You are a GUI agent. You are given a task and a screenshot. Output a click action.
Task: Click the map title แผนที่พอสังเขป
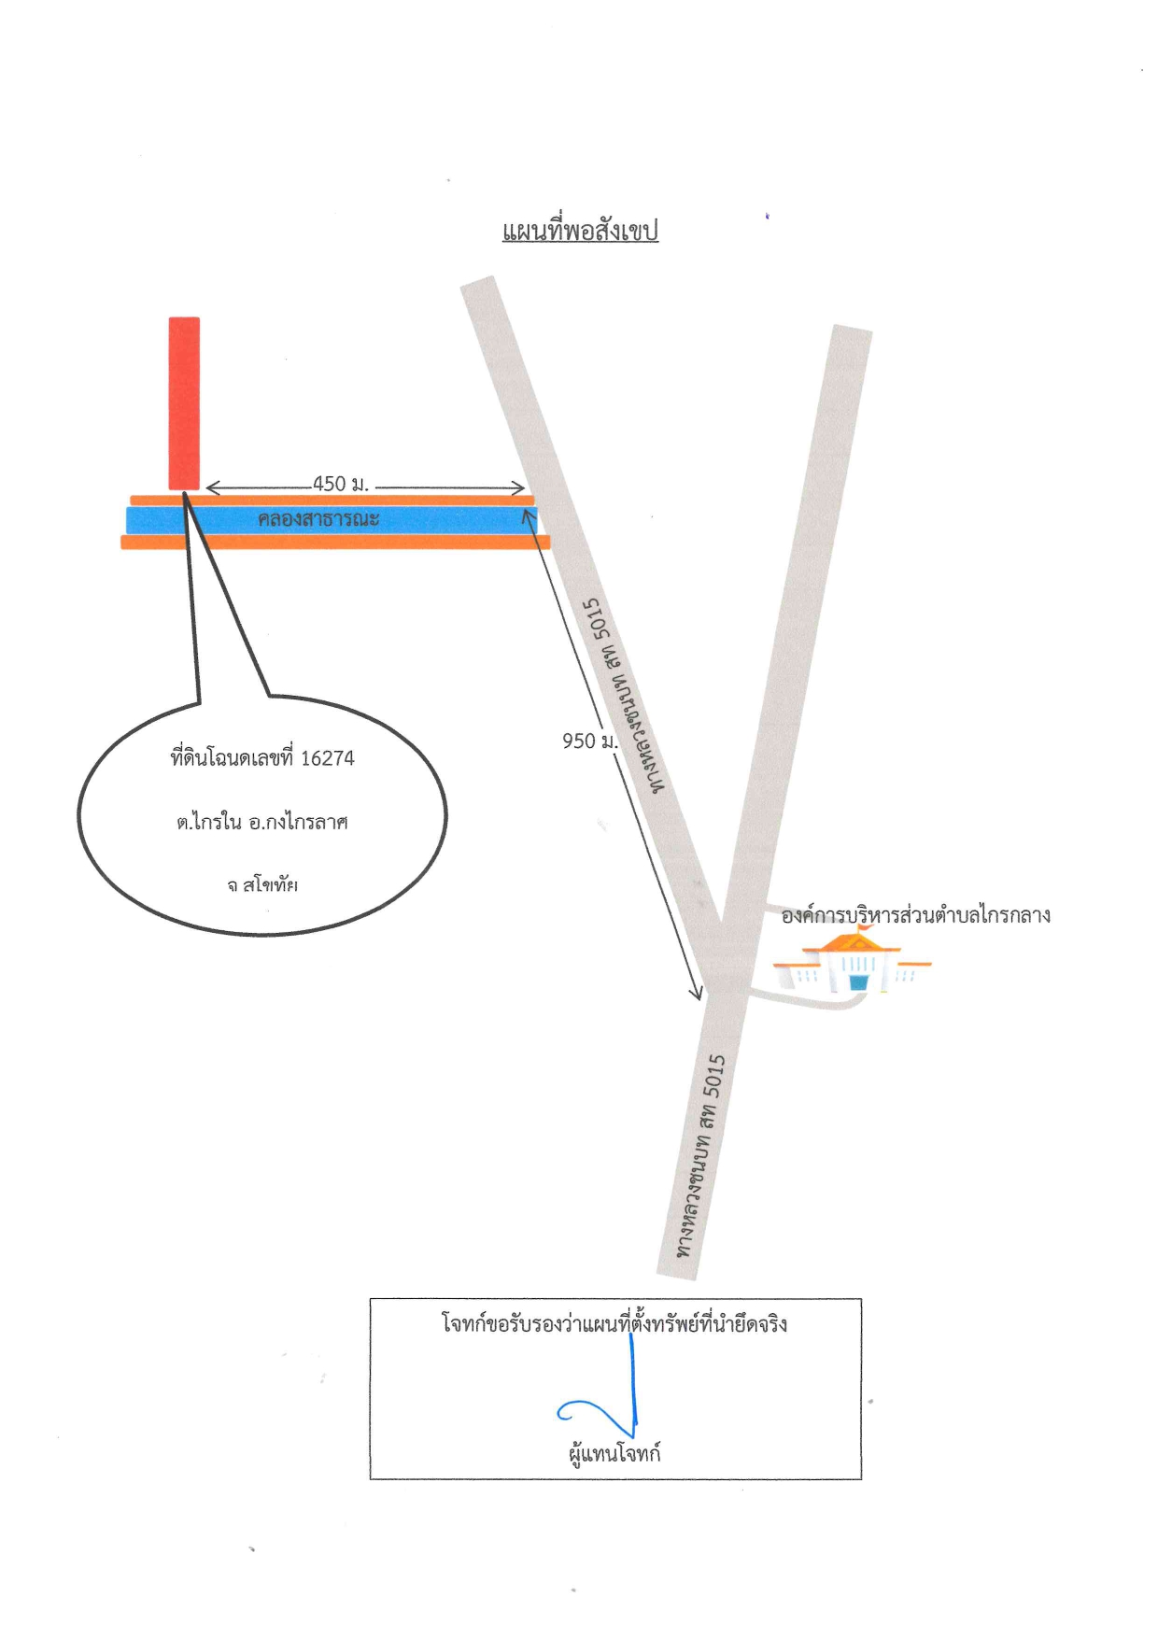(580, 231)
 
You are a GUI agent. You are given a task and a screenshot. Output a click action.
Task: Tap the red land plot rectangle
(184, 403)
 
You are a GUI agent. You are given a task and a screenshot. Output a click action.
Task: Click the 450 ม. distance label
(341, 484)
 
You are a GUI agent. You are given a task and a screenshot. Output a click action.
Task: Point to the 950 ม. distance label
(589, 741)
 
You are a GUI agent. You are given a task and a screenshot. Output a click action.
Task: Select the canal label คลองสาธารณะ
(318, 519)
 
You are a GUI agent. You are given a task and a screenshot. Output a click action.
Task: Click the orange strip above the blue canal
(332, 501)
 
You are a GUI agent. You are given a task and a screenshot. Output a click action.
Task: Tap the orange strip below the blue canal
(335, 542)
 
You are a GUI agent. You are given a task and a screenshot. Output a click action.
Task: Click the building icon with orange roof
(852, 961)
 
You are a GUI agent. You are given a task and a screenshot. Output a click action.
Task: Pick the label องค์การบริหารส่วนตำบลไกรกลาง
(915, 915)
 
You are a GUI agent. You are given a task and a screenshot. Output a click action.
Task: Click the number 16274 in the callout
(328, 758)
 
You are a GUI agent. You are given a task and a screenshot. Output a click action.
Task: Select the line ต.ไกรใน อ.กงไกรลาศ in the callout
(262, 823)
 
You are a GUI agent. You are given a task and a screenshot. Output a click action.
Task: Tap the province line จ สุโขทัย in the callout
(262, 884)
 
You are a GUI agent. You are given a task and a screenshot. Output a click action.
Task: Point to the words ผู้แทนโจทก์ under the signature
(614, 1454)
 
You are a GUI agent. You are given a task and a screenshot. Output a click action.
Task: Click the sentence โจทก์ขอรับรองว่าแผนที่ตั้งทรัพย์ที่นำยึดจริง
(614, 1324)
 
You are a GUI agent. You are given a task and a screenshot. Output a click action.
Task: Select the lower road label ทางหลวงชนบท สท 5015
(701, 1155)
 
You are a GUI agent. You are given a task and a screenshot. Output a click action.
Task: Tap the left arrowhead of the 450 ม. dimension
(212, 487)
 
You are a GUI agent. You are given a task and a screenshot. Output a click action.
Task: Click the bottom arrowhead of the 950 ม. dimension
(696, 994)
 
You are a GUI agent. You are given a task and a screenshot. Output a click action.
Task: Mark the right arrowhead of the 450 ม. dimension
(518, 487)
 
